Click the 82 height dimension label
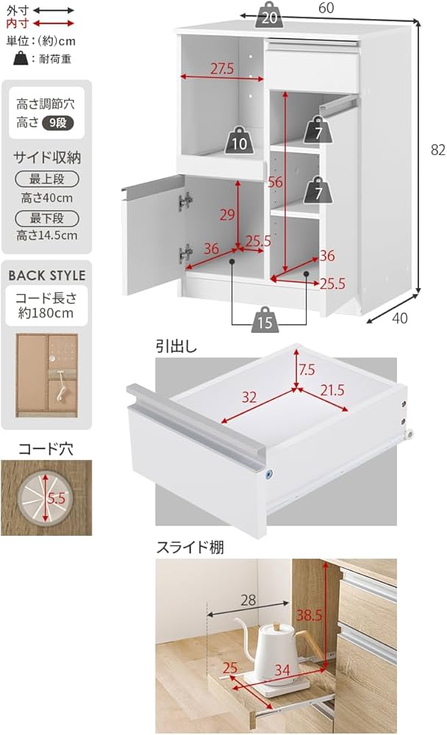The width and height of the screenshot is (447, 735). click(438, 150)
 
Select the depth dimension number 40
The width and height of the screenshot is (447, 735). click(399, 318)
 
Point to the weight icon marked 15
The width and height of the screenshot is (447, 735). click(266, 320)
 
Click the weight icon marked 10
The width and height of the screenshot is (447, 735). click(240, 141)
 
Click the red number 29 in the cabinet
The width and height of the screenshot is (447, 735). click(228, 215)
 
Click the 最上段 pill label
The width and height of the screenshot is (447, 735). click(47, 179)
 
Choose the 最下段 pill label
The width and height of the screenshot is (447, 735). click(47, 218)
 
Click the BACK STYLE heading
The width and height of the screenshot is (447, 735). click(47, 276)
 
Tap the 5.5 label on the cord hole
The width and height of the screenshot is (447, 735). click(57, 498)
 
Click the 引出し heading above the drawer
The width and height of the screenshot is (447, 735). click(171, 345)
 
